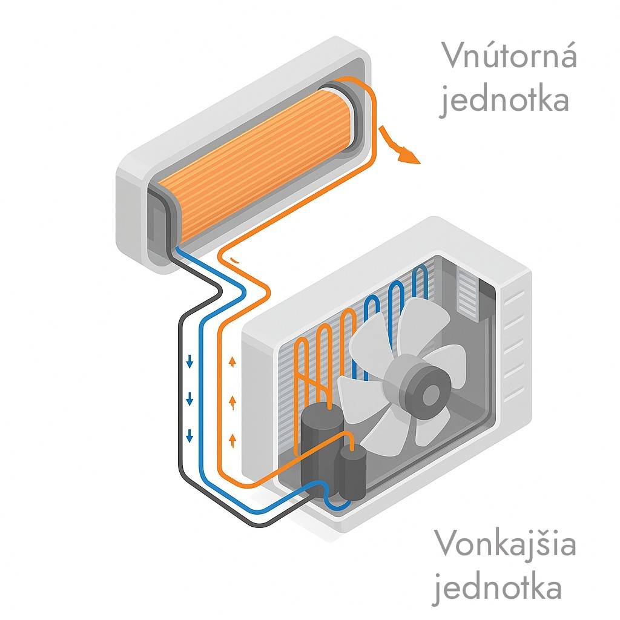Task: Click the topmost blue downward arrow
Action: (190, 363)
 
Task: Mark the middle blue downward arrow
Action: (190, 399)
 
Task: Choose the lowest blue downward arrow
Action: (190, 434)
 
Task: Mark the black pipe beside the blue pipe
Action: (181, 394)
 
